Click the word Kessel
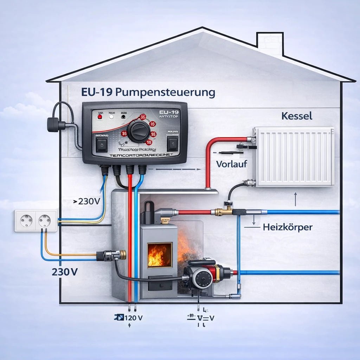[x=297, y=116]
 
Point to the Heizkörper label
[x=287, y=227]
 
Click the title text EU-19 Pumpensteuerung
[x=148, y=93]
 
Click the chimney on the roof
[x=270, y=41]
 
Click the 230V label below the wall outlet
[x=65, y=272]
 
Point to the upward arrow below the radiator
[x=295, y=199]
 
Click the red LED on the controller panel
[x=100, y=115]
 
